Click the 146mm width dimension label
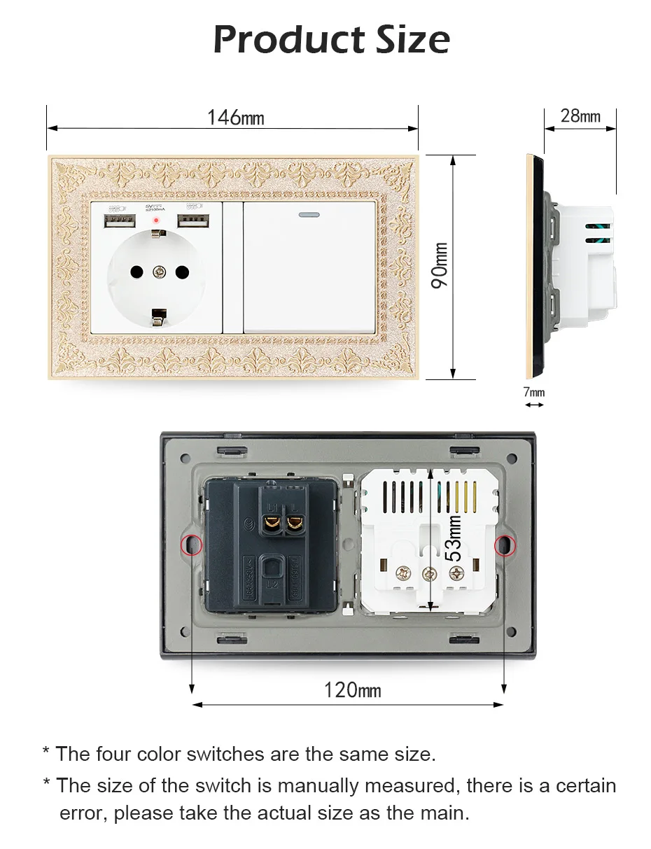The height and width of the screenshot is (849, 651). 236,117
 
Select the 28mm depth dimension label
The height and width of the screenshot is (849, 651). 580,115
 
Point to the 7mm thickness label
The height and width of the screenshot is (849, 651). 534,392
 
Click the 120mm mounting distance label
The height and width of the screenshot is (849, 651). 352,690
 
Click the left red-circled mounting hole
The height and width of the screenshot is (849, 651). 190,545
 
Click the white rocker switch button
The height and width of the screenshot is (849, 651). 310,269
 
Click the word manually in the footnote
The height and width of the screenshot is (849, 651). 316,786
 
